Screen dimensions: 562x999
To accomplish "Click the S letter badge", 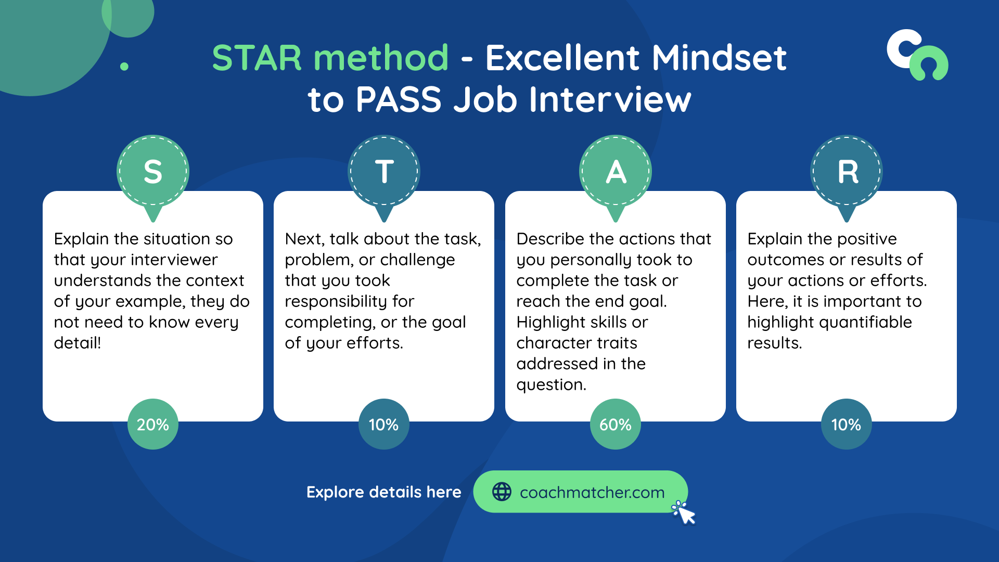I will (x=152, y=172).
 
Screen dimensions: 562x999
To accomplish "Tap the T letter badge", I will (x=384, y=172).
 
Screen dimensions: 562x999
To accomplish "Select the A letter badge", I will (x=616, y=172).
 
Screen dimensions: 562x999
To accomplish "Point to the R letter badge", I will (x=847, y=172).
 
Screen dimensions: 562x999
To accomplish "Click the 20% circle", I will (x=152, y=424).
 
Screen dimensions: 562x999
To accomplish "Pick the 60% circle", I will (x=616, y=424).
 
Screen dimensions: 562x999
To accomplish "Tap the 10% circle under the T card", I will (x=384, y=424).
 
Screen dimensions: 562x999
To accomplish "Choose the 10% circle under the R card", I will (x=847, y=424).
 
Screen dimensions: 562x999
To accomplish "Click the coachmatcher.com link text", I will (x=592, y=492).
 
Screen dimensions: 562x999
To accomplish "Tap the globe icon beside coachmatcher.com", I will (x=502, y=492).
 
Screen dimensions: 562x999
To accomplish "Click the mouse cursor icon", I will (x=685, y=514).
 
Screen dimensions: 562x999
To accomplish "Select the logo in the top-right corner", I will (x=917, y=55).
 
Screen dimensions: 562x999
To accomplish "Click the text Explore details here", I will (x=383, y=492).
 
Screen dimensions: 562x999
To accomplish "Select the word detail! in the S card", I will (x=78, y=343).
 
